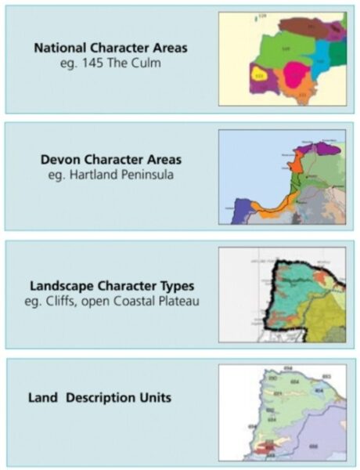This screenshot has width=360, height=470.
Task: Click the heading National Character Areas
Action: [110, 48]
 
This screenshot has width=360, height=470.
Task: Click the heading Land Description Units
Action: [102, 398]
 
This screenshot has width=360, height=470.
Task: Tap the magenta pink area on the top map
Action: [296, 75]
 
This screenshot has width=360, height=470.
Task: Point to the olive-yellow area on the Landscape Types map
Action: [325, 321]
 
